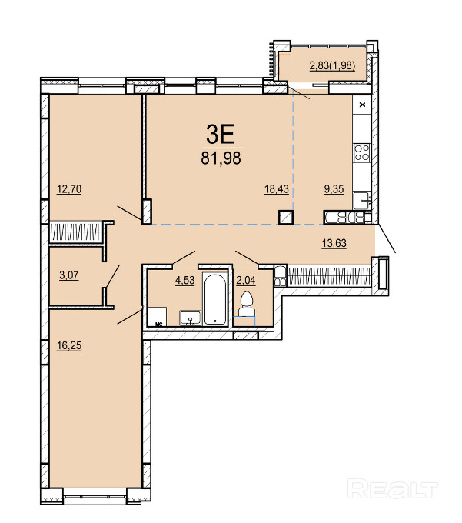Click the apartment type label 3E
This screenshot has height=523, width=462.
point(221,134)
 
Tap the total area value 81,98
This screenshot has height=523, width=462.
point(221,158)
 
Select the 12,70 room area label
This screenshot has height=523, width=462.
point(69,189)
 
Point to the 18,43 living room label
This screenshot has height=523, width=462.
point(276,189)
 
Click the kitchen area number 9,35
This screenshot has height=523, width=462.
point(334,189)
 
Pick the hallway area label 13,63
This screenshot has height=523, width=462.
point(334,243)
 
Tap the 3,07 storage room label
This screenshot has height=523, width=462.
point(69,275)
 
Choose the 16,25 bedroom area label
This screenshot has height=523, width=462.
point(69,345)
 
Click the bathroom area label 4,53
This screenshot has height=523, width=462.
point(185,280)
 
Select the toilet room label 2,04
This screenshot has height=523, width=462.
point(246,280)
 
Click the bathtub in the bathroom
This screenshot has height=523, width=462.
point(215,299)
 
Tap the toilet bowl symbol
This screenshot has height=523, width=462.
point(247,304)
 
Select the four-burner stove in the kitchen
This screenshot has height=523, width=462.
point(361,152)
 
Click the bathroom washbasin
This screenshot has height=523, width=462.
point(191,318)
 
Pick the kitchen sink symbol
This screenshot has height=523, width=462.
point(361,200)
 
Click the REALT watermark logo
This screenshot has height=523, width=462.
point(392,489)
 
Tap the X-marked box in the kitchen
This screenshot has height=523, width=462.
point(362,105)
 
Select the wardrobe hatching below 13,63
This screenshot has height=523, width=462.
point(329,276)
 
